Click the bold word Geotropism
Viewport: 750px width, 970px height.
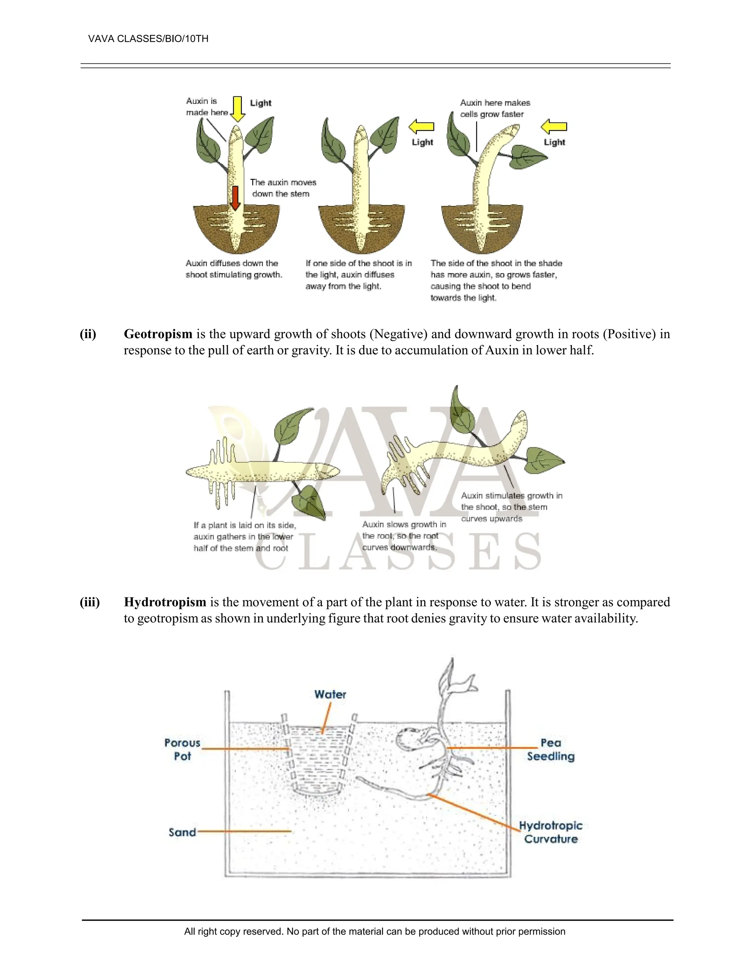pos(158,333)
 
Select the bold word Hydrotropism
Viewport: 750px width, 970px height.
pos(165,602)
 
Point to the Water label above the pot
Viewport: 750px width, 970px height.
pos(330,694)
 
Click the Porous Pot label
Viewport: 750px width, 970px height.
pos(182,749)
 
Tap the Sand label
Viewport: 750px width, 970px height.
pos(182,832)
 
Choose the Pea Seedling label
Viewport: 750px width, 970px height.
pos(550,749)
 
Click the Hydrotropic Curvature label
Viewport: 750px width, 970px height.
pos(550,832)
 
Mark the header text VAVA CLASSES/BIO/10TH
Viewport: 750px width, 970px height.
pos(148,39)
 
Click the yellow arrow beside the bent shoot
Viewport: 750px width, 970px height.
pos(554,127)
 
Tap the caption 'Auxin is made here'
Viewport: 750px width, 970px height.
pos(207,107)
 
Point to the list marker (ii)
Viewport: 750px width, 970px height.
pos(88,334)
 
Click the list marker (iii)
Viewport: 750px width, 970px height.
pos(89,602)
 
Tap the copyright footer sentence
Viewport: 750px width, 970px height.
pos(375,931)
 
